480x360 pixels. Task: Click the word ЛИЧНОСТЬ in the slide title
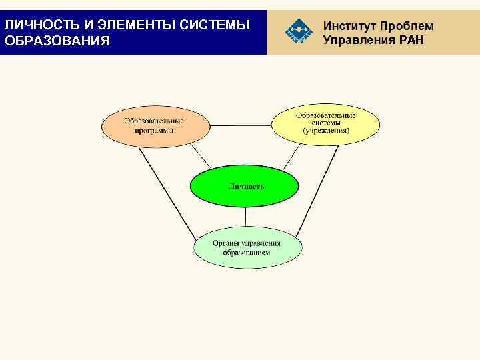(39, 25)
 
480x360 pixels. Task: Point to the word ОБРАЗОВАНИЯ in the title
(57, 41)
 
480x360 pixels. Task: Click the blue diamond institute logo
(298, 31)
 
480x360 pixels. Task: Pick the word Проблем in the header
(407, 26)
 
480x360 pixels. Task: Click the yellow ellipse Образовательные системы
(325, 124)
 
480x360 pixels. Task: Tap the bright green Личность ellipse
(245, 187)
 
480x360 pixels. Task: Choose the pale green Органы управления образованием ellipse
(247, 248)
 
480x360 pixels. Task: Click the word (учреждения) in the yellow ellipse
(325, 131)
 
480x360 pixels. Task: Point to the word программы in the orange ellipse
(154, 131)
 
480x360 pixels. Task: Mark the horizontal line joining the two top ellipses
(240, 125)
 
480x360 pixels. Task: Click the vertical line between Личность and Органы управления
(246, 217)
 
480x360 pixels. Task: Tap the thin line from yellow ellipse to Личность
(288, 157)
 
